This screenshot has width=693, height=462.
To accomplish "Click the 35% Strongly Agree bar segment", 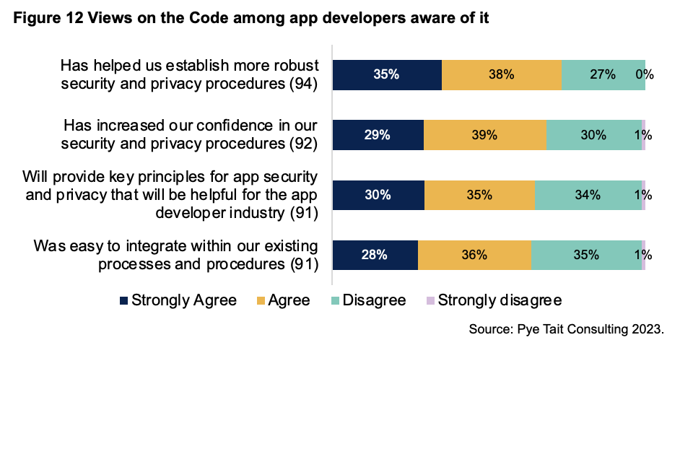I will tap(387, 74).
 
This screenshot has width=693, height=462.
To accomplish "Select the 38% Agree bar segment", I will tap(501, 74).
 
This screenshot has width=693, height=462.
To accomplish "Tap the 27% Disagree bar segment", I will tap(602, 74).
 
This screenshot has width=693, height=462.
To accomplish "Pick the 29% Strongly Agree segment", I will tap(378, 134).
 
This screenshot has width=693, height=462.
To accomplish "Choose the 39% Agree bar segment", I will tap(484, 134).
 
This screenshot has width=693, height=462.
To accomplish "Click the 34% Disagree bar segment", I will tap(588, 194).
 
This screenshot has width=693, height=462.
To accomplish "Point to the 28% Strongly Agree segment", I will tap(375, 254).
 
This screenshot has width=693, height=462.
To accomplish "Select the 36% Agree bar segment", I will tap(474, 254).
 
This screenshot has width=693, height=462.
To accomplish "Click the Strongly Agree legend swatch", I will tap(123, 300).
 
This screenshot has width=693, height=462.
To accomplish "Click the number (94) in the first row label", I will tap(304, 84).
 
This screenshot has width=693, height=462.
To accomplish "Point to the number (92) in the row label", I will tap(304, 144).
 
